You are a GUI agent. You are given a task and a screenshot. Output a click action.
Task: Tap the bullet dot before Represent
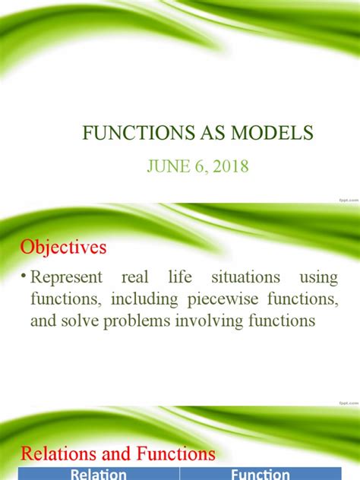tap(24, 279)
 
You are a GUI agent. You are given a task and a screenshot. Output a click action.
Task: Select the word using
tap(320, 278)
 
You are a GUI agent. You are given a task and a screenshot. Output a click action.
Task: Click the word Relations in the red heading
tap(53, 454)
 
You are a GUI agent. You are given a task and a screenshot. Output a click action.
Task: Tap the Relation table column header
tap(99, 474)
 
